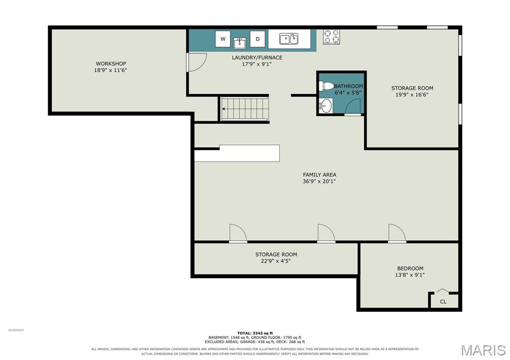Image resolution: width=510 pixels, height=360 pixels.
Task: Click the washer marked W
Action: pyautogui.click(x=223, y=39)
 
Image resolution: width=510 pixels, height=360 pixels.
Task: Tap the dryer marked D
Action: pyautogui.click(x=257, y=39)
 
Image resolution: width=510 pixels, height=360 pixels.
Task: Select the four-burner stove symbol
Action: pyautogui.click(x=331, y=37)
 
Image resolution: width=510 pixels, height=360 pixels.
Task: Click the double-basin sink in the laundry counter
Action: pyautogui.click(x=289, y=39)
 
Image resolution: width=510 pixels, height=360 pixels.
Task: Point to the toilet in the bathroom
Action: pyautogui.click(x=326, y=86)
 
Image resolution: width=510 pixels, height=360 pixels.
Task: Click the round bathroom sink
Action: pyautogui.click(x=326, y=106)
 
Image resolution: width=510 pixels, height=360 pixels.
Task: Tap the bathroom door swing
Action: pyautogui.click(x=353, y=107)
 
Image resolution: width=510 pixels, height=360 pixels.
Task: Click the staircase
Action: pyautogui.click(x=245, y=109)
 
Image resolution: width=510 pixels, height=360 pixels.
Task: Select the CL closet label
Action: pyautogui.click(x=443, y=302)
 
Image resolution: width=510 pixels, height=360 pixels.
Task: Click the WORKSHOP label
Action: pyautogui.click(x=111, y=64)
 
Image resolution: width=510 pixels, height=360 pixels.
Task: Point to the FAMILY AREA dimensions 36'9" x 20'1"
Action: pyautogui.click(x=319, y=181)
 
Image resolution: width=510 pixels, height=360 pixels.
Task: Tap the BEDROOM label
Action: pyautogui.click(x=410, y=268)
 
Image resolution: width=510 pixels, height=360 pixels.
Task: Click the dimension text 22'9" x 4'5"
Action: pyautogui.click(x=276, y=261)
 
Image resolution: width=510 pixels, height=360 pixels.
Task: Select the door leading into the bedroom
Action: pyautogui.click(x=397, y=233)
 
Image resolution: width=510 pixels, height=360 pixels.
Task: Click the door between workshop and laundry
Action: pyautogui.click(x=196, y=62)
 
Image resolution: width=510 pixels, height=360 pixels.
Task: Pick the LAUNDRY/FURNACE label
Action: pyautogui.click(x=257, y=58)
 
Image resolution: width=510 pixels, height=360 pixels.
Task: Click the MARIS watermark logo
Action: pyautogui.click(x=483, y=350)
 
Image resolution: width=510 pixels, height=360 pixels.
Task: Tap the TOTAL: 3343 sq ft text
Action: pyautogui.click(x=255, y=333)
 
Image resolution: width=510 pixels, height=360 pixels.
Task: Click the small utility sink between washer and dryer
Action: pyautogui.click(x=240, y=43)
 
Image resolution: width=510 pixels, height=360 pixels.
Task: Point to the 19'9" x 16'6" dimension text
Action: pyautogui.click(x=412, y=95)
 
